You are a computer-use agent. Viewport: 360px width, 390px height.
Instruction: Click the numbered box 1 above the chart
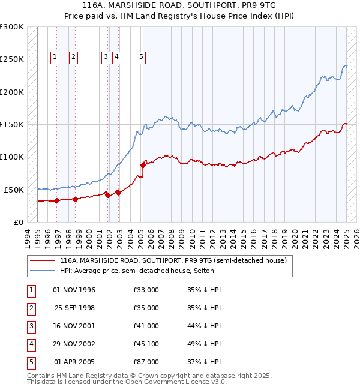point(55,57)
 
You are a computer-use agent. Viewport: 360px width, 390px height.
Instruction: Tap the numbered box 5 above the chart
point(141,57)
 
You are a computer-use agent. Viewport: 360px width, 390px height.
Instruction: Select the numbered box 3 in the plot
point(105,57)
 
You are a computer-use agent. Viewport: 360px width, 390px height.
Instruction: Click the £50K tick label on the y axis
point(14,190)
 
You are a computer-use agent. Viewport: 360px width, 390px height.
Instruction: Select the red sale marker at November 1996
point(56,200)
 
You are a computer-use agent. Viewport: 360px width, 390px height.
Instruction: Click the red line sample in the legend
point(42,261)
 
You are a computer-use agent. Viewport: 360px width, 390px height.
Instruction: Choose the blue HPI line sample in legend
point(42,271)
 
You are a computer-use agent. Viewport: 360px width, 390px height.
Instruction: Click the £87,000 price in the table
point(146,362)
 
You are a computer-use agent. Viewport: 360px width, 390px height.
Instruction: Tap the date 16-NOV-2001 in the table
point(74,326)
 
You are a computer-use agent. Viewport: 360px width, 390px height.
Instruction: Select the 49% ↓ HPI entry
point(205,344)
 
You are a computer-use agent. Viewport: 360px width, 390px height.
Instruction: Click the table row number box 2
point(30,308)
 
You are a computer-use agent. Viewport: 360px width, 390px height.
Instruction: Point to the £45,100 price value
point(146,344)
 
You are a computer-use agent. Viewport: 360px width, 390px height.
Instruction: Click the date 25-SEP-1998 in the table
point(74,308)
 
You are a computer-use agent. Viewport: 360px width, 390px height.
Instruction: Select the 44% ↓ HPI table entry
point(205,326)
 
